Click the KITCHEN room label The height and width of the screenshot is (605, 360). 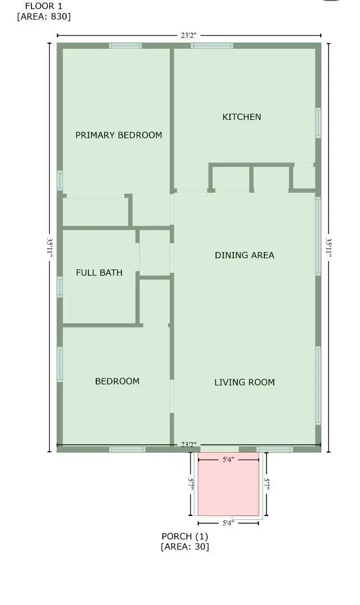242,117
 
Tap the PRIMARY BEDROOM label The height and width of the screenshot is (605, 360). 119,135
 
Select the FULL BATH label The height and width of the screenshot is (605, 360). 99,273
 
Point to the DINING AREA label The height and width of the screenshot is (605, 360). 245,255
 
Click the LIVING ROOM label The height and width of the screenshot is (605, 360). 245,383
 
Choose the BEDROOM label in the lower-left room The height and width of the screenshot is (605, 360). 117,381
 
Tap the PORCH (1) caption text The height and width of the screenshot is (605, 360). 185,536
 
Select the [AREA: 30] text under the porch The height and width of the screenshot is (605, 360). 185,547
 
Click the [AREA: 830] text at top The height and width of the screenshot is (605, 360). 44,16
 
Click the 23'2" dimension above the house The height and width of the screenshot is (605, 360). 189,35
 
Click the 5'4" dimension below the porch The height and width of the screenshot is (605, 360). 228,523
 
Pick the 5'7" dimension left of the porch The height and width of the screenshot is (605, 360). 190,484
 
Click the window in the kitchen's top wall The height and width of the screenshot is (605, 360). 212,45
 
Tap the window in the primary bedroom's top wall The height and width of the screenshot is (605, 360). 125,45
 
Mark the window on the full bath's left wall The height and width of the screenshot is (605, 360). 60,286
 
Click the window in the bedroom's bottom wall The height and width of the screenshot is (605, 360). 127,449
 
